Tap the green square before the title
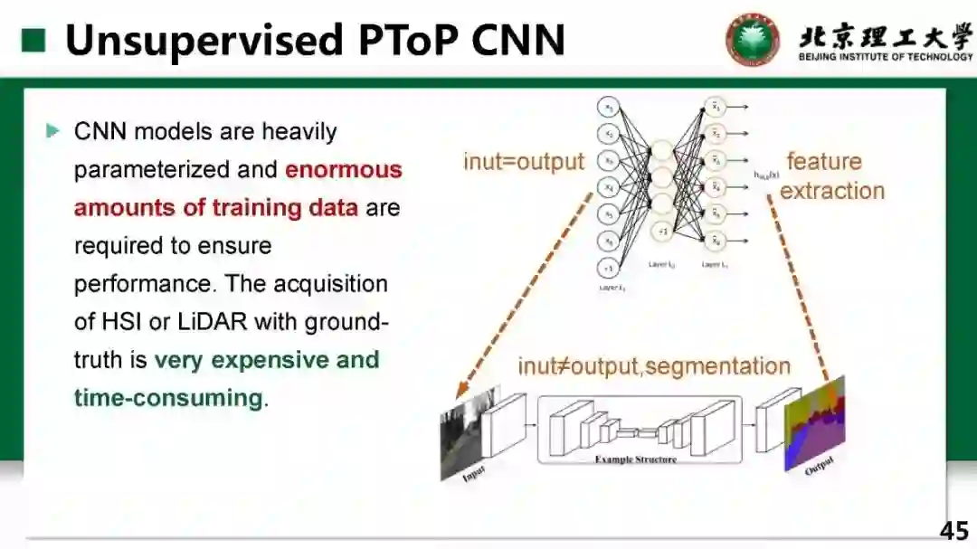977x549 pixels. pyautogui.click(x=33, y=40)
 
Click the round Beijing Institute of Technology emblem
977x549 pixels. pyautogui.click(x=752, y=40)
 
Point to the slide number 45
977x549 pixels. pyautogui.click(x=953, y=531)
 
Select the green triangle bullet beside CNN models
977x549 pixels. pyautogui.click(x=52, y=131)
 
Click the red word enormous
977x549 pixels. pyautogui.click(x=344, y=170)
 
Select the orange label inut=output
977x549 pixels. pyautogui.click(x=524, y=162)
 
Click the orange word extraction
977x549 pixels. pyautogui.click(x=831, y=191)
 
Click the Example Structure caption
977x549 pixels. pyautogui.click(x=635, y=459)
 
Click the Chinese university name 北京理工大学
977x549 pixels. pyautogui.click(x=885, y=35)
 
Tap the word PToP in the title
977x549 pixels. pyautogui.click(x=395, y=40)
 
